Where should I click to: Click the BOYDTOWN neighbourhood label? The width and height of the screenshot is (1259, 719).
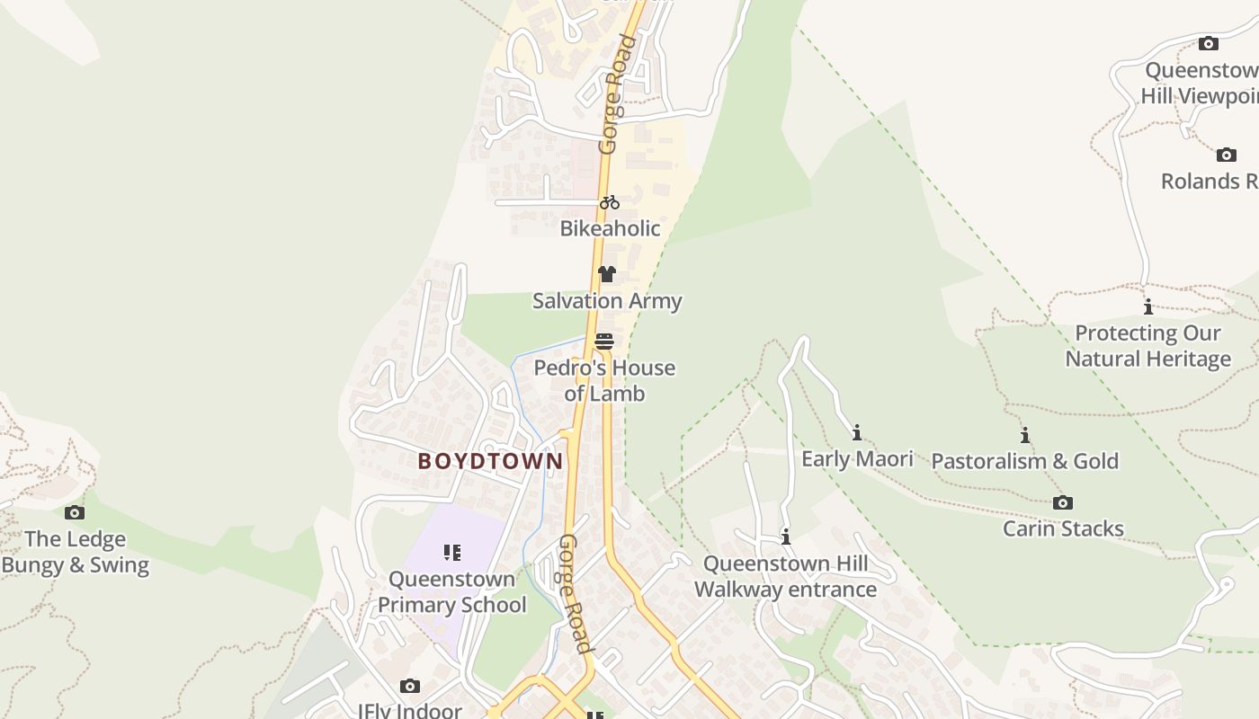(x=490, y=461)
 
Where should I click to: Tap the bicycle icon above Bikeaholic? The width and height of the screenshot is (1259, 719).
(x=610, y=202)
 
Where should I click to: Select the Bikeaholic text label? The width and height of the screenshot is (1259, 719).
(x=610, y=228)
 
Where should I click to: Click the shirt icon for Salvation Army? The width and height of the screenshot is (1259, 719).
(x=607, y=274)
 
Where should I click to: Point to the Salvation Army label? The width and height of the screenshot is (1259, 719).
(x=607, y=301)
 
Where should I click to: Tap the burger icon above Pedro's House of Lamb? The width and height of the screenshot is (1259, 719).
(x=604, y=342)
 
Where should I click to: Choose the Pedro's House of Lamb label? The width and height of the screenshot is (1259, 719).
(x=604, y=380)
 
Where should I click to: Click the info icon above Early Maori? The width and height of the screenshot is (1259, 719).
(x=857, y=433)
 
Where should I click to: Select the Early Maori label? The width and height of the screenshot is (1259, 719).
(x=857, y=459)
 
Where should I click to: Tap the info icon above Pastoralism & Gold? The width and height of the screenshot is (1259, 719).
(x=1024, y=436)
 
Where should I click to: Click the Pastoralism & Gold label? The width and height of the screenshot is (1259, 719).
(x=1024, y=462)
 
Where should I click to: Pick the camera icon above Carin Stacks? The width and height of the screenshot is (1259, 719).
(x=1063, y=502)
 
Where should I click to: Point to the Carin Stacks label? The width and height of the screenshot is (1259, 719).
(x=1063, y=528)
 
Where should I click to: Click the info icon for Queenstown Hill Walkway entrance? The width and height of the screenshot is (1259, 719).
(x=786, y=537)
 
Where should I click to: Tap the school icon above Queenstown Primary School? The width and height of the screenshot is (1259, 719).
(x=452, y=552)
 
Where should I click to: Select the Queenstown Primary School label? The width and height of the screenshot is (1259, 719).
(x=452, y=591)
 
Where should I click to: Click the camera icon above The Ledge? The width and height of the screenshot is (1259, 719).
(x=75, y=513)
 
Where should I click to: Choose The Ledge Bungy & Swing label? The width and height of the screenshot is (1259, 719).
(x=75, y=552)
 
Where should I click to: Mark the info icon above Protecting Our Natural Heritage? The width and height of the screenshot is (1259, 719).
(x=1147, y=307)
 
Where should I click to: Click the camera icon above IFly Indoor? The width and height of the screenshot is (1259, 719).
(x=410, y=687)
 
